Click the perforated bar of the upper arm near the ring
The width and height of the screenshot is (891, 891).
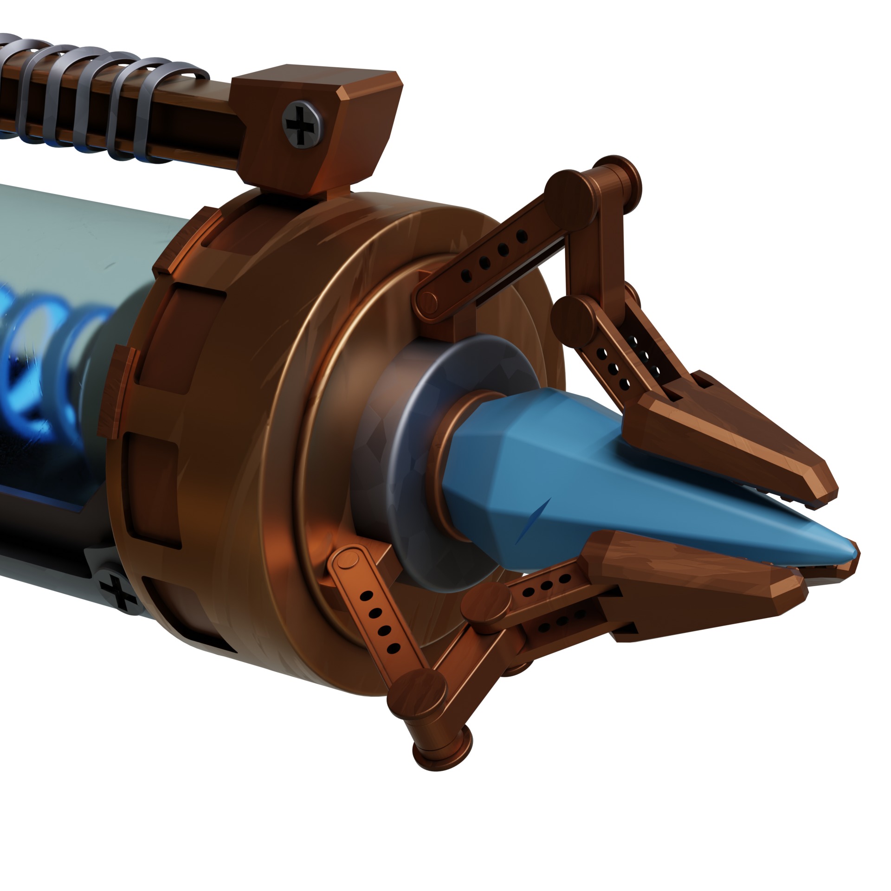click(487, 260)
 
